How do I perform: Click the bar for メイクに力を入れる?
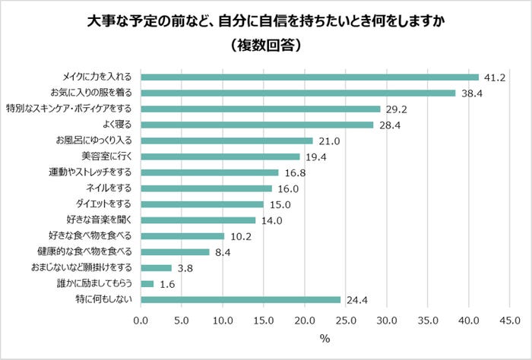click(x=310, y=77)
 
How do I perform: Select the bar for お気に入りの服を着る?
click(x=299, y=93)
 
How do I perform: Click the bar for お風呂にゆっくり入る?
click(x=227, y=141)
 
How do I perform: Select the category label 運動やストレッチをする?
click(x=90, y=172)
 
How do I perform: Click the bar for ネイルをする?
click(x=207, y=188)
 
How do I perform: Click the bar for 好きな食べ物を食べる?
click(x=183, y=236)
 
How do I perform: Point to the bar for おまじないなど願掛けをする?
click(x=157, y=268)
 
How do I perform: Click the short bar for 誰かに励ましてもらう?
click(x=147, y=284)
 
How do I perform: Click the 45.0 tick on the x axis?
click(x=508, y=320)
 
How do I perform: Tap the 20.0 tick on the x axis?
click(x=304, y=320)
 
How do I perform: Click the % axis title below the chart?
click(x=325, y=339)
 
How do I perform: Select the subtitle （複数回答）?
click(x=266, y=45)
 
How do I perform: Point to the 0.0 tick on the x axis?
click(x=141, y=320)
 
